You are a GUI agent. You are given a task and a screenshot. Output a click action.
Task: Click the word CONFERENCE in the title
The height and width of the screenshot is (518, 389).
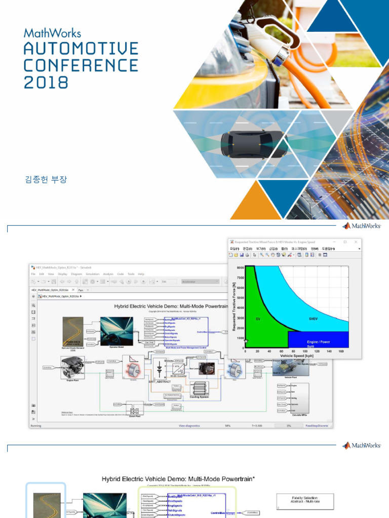81,65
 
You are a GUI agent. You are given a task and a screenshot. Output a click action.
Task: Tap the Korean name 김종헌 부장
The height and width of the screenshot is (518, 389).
46,180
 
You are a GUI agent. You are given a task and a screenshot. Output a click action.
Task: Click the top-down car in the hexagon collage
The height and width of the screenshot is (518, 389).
254,144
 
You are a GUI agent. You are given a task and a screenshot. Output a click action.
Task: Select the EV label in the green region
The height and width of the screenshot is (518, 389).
258,319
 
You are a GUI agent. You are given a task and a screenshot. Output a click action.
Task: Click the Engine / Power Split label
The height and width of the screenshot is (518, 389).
318,343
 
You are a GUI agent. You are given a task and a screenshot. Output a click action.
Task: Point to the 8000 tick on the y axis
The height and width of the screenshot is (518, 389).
241,268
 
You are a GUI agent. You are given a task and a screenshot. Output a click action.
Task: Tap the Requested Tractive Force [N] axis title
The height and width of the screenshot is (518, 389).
235,307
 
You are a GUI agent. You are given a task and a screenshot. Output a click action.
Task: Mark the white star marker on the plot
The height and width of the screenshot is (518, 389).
246,341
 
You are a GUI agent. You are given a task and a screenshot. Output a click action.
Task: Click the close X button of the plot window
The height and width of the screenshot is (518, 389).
357,242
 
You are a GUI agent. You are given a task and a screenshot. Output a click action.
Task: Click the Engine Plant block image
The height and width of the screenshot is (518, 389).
72,367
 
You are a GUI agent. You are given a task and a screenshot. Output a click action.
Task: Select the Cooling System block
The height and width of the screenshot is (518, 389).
199,390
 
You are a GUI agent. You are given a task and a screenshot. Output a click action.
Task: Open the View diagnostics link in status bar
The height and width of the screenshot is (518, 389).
189,426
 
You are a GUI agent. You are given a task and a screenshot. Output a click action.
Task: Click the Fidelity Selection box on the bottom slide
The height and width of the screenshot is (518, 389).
305,501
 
